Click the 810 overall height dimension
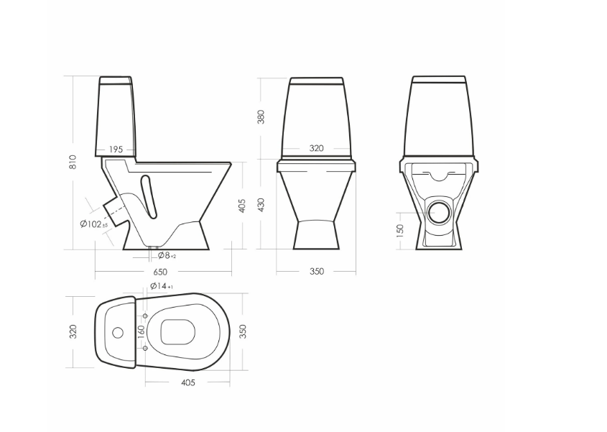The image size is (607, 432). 73,162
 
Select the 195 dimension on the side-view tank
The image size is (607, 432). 116,150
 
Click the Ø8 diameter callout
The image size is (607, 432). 167,255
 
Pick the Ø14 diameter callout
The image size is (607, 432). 162,286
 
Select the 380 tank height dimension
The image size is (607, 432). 261,116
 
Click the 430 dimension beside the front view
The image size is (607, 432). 261,205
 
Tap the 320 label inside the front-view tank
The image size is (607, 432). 316,148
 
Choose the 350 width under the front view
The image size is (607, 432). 317,272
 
